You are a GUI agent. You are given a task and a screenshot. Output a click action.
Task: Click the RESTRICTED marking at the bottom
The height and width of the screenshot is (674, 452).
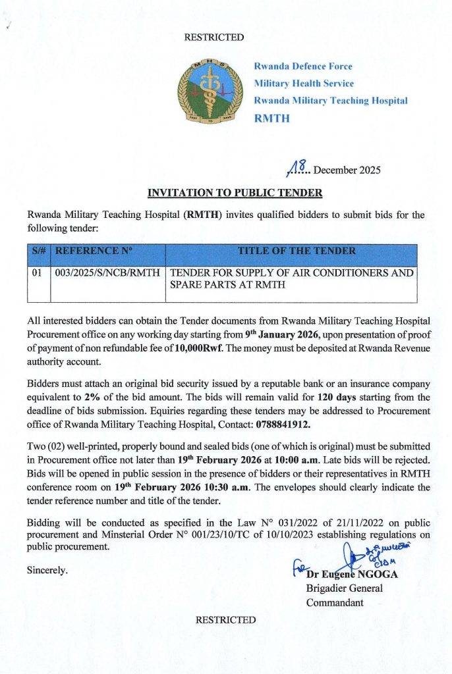click(x=225, y=619)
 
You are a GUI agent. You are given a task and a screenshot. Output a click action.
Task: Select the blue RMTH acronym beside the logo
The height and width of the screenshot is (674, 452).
click(x=271, y=118)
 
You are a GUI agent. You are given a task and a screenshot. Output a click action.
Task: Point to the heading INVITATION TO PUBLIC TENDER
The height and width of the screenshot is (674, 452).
click(x=235, y=193)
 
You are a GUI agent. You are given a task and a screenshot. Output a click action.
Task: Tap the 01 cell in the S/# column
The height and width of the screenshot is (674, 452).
click(x=37, y=272)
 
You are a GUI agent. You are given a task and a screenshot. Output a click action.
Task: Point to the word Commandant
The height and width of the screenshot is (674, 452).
click(x=335, y=602)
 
